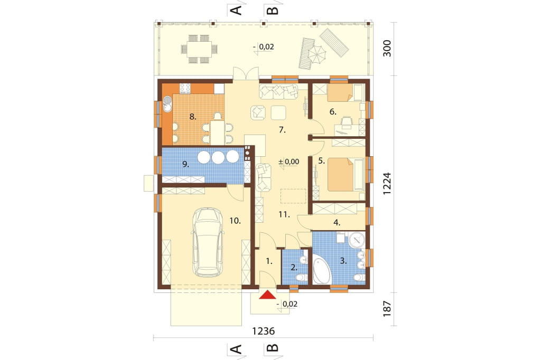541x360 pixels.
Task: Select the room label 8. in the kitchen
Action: coord(192,117)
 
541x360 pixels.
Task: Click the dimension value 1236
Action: coord(263,331)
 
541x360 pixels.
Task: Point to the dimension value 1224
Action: coord(387,184)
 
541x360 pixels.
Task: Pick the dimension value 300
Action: coord(387,49)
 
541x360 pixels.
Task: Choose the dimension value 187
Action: coord(387,309)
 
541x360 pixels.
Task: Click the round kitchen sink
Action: coord(167,103)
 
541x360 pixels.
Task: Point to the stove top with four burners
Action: coord(185,89)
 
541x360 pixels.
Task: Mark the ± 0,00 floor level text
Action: coord(289,162)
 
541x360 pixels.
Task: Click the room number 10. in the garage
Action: coord(235,221)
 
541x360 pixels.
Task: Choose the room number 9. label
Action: coord(185,164)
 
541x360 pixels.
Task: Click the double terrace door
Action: coord(246,74)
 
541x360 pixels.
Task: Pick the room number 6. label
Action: coord(333,111)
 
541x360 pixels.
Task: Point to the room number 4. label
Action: coord(337,223)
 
